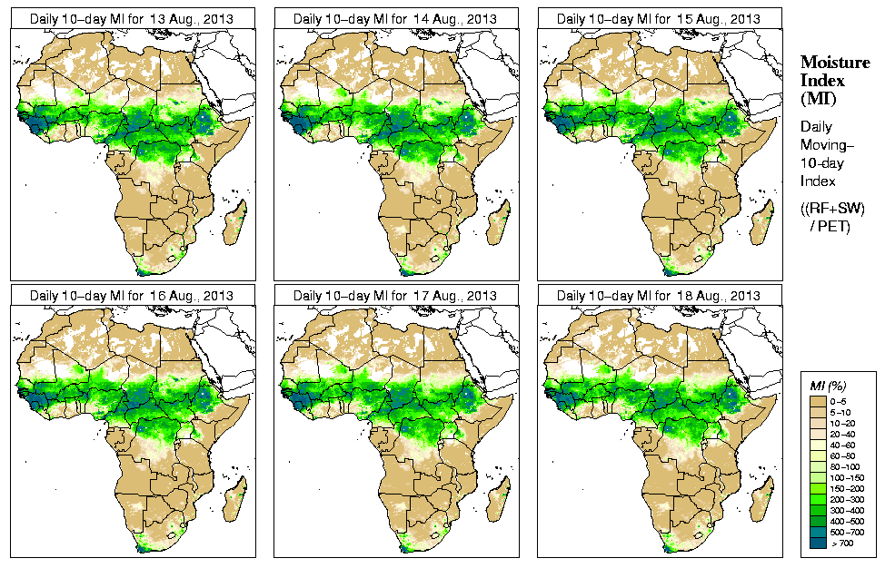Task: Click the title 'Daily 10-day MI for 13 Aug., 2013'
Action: pos(131,18)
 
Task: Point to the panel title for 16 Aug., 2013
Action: pos(131,296)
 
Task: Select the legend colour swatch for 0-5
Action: pos(817,399)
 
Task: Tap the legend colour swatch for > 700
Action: pos(817,542)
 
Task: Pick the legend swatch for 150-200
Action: pos(817,487)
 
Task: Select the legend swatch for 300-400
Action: pos(817,509)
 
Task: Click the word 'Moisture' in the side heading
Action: pos(834,62)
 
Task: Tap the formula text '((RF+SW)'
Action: pos(832,209)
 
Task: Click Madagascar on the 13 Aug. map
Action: pos(236,224)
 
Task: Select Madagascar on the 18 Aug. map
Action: pos(763,502)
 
